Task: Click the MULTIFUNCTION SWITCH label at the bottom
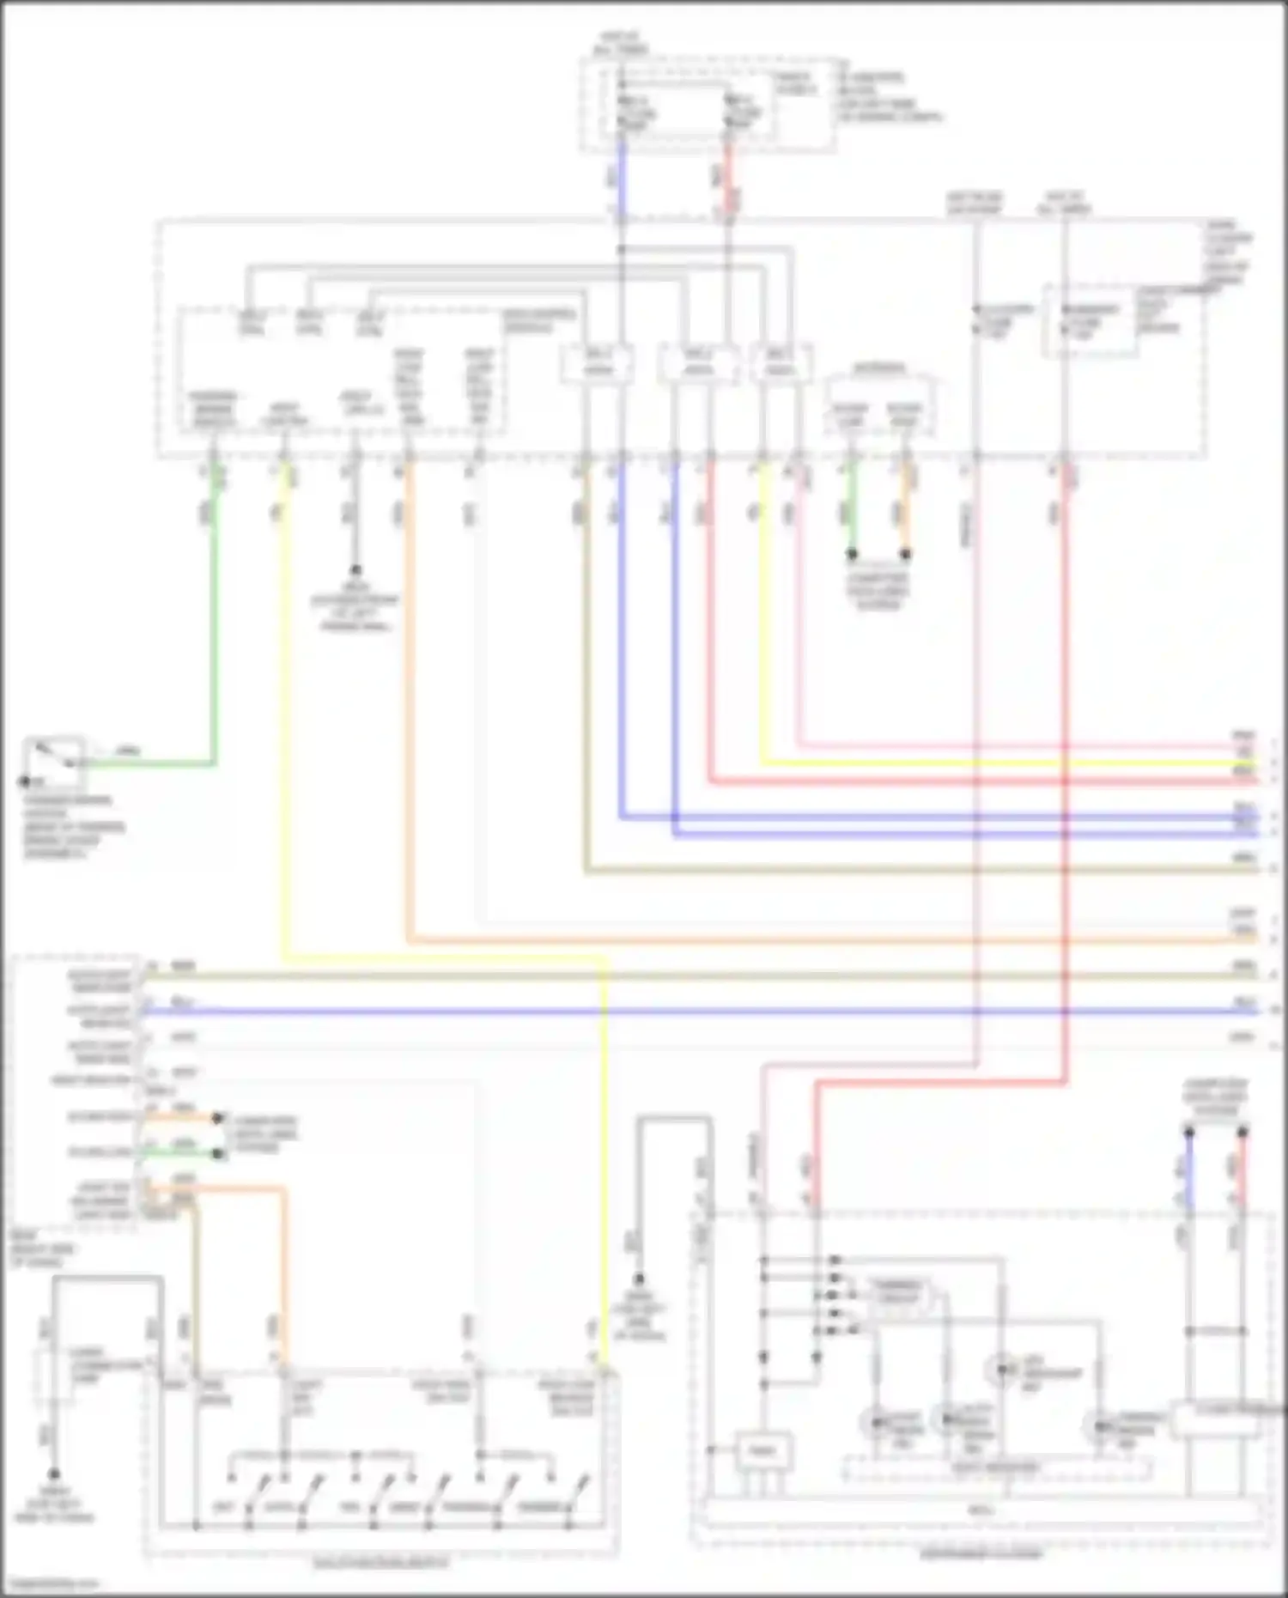[380, 1564]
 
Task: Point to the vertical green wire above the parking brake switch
[214, 618]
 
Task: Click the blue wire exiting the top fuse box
[622, 180]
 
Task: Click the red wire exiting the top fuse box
[728, 180]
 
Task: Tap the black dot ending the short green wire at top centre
[852, 555]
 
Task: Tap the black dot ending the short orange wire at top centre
[905, 555]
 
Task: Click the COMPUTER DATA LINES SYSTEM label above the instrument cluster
[1215, 1097]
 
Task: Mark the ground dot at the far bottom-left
[53, 1473]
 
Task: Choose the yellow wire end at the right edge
[1254, 763]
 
